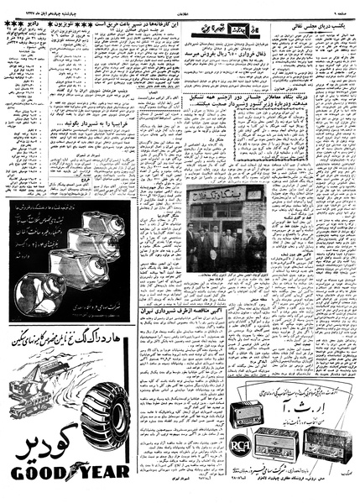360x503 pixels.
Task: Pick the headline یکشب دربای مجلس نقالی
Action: [x=322, y=26]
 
